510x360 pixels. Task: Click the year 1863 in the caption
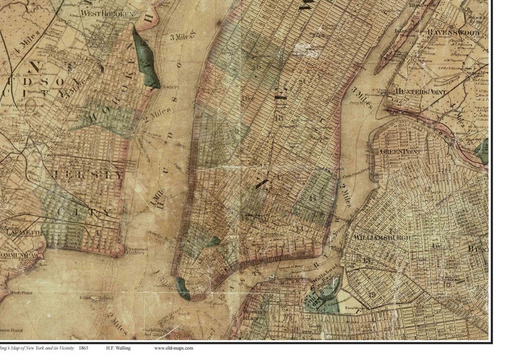84,348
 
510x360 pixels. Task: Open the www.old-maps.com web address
173,348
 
